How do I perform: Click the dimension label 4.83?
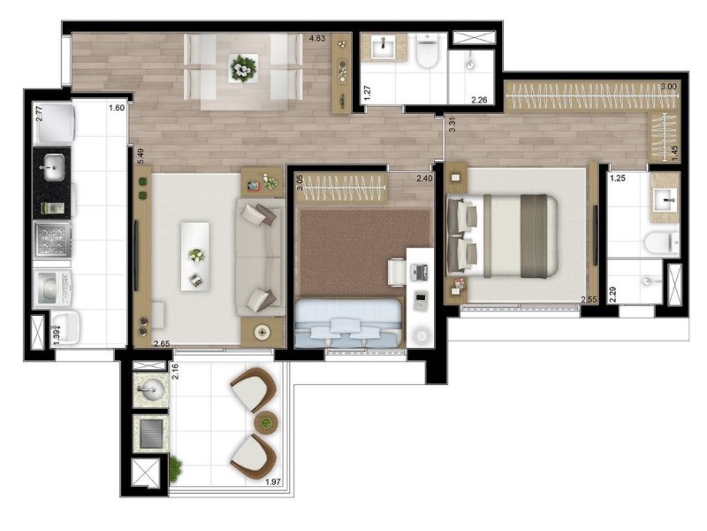316,39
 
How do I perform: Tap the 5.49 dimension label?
141,157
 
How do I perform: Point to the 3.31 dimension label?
452,125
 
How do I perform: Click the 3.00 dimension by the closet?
669,87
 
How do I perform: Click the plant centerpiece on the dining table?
243,66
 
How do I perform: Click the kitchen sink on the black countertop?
52,165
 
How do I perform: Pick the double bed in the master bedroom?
508,234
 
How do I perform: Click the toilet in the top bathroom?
428,54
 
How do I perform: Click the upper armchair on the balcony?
253,389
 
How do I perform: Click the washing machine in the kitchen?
51,287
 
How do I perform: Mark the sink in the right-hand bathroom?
663,200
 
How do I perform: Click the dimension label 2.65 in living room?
162,343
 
